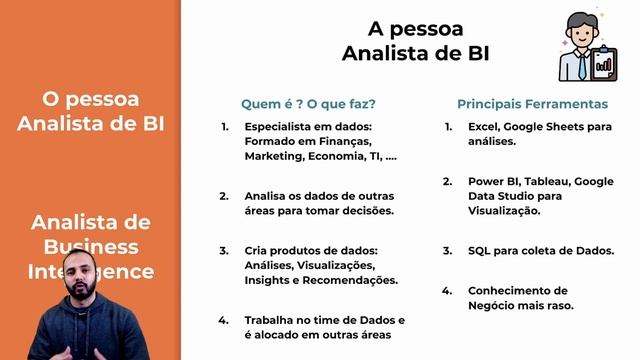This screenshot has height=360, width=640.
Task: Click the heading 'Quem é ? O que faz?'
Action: [308, 104]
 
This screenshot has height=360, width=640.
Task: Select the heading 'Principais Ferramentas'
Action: [533, 104]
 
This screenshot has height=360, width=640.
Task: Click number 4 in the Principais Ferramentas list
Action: [447, 291]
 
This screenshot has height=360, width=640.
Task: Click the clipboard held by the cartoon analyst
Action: [605, 63]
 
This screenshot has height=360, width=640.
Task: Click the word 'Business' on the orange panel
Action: [91, 246]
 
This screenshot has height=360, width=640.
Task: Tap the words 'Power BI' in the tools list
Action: [492, 182]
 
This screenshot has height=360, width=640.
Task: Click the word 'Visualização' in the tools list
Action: [504, 211]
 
